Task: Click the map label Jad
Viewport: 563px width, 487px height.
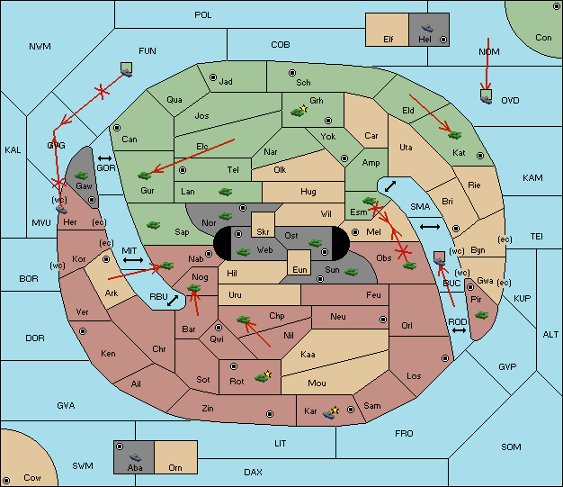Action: click(x=226, y=82)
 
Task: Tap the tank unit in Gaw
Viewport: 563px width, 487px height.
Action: click(x=81, y=176)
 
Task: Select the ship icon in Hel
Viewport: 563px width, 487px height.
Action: click(x=427, y=28)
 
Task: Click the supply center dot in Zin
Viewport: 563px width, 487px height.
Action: click(x=270, y=414)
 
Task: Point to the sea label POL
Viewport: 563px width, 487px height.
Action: click(x=203, y=15)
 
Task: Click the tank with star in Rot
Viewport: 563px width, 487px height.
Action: click(x=263, y=376)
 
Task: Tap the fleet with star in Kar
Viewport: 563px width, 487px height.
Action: click(x=331, y=412)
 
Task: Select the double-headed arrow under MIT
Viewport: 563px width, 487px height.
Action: click(x=133, y=260)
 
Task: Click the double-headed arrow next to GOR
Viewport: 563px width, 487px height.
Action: click(x=104, y=158)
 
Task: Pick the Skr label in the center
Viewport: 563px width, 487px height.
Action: click(x=263, y=232)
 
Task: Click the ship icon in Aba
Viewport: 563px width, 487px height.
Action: click(x=135, y=457)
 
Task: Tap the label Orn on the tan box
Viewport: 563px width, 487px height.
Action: click(x=175, y=467)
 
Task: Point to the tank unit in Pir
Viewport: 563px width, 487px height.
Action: click(x=481, y=315)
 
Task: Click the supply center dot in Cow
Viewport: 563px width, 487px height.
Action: click(x=6, y=480)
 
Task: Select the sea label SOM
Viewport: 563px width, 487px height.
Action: click(x=511, y=446)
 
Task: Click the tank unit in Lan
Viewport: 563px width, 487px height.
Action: click(x=225, y=192)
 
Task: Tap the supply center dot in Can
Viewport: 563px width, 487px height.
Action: click(x=117, y=128)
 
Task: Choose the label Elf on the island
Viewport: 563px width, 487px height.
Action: click(x=389, y=40)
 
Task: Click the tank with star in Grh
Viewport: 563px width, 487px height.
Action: click(x=299, y=111)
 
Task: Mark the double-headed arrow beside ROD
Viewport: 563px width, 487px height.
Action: click(x=459, y=330)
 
